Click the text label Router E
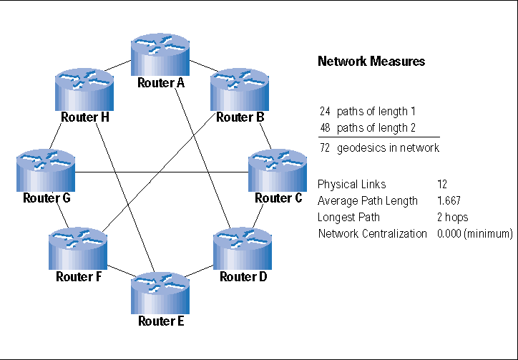(161, 321)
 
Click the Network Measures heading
(371, 62)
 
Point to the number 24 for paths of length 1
(325, 112)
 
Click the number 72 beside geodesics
(325, 147)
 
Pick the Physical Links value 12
(441, 183)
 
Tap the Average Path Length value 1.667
(448, 200)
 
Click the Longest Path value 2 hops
(452, 217)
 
